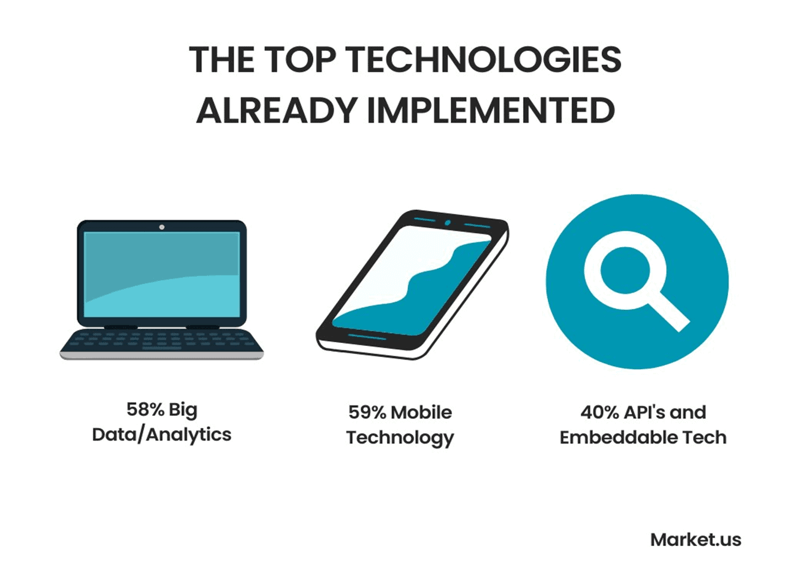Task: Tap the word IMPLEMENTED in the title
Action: (x=491, y=110)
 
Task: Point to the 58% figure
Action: (x=145, y=409)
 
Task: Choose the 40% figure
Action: (x=600, y=412)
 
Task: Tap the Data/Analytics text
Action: (x=162, y=435)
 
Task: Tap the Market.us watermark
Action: (x=696, y=540)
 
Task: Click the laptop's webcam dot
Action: (x=162, y=227)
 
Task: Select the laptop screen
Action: (x=162, y=274)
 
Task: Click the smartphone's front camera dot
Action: (x=448, y=223)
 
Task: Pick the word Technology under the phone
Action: (x=400, y=438)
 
